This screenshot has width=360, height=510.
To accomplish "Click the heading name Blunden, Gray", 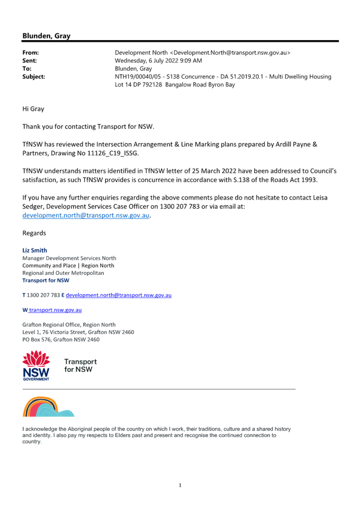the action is [46, 36].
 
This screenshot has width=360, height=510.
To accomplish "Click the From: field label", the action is [31, 53].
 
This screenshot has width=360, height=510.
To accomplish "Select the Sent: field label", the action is [29, 61].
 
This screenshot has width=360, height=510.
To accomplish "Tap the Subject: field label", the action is [34, 77].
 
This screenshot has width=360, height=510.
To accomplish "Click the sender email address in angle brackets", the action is [230, 53].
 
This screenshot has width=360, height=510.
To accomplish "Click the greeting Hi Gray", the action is [33, 109].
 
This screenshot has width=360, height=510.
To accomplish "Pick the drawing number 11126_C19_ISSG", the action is [112, 153].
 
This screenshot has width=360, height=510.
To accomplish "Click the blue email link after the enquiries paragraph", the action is [86, 215].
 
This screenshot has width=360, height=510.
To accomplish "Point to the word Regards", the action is [34, 233].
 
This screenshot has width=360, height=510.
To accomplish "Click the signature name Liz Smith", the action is [35, 250].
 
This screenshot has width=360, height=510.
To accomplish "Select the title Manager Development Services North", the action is [70, 258].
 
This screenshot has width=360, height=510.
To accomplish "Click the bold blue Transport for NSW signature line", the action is [46, 280].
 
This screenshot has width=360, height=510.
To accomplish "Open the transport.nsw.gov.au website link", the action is [55, 310].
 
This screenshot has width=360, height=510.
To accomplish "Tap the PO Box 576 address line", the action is [61, 340].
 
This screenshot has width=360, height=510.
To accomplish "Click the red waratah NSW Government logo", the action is [36, 365].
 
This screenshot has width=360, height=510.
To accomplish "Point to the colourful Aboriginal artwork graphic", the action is [48, 407].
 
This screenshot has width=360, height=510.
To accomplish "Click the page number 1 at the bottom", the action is [180, 485].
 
